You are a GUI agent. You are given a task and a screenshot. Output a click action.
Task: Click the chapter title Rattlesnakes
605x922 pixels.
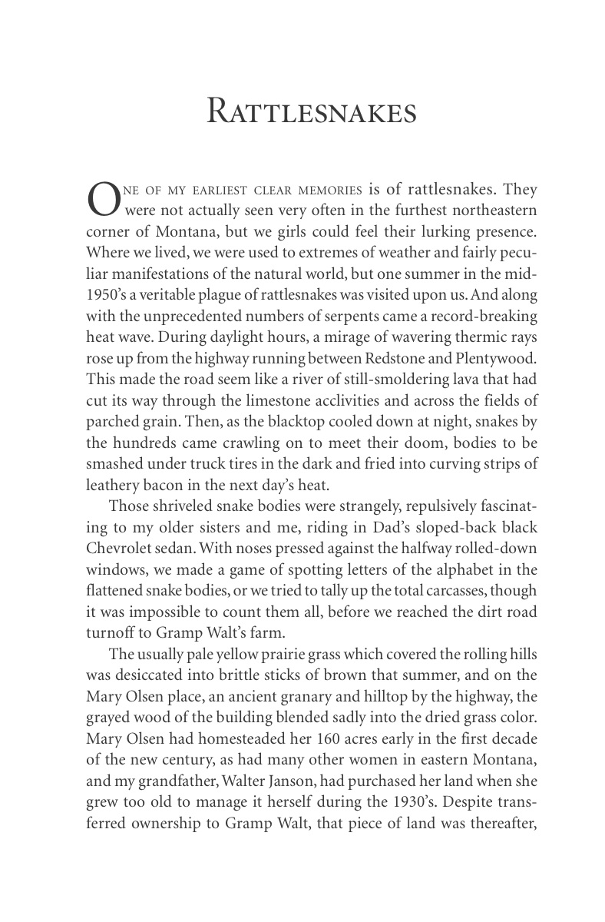coord(312,111)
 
